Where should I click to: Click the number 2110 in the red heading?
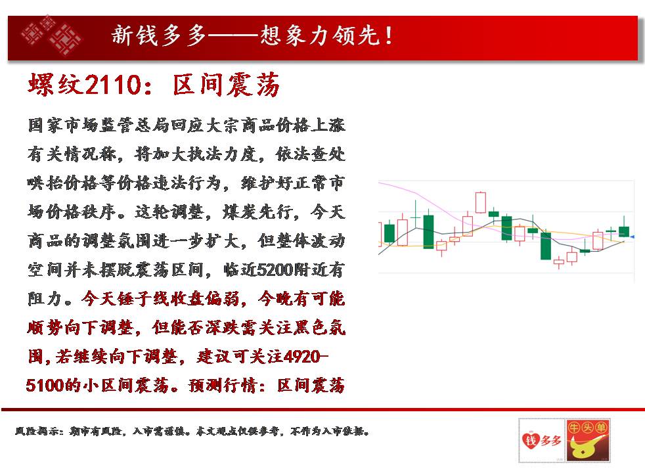113,85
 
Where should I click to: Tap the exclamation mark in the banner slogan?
389,35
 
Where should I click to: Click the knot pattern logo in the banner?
51,36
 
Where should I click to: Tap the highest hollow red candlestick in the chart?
480,202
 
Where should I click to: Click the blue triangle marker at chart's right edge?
632,237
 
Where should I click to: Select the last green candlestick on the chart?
624,231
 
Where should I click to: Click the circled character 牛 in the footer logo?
574,428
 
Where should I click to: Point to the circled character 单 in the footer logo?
601,428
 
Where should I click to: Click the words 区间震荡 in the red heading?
226,85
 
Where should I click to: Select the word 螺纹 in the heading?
56,85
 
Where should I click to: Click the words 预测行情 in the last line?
223,386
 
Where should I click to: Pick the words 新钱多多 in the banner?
159,35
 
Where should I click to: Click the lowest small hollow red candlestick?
558,262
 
